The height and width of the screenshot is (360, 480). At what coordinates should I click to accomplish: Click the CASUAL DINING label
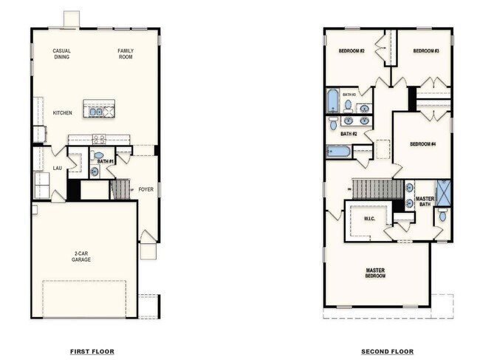tap(61, 53)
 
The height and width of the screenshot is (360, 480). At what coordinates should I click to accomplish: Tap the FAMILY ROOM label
tap(126, 53)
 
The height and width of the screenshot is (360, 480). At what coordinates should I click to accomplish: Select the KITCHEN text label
tap(62, 113)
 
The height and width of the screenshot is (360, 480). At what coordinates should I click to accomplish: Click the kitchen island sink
tap(96, 112)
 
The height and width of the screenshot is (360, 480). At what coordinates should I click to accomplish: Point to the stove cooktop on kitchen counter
tap(98, 138)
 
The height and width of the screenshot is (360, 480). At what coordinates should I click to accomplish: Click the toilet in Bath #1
tap(99, 156)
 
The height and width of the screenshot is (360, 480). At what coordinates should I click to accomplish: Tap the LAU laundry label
tap(58, 168)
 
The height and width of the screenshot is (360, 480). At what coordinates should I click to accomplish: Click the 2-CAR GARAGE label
tap(81, 257)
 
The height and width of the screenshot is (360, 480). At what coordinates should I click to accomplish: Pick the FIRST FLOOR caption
tap(92, 351)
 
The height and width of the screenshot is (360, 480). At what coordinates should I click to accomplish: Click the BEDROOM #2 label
tap(352, 51)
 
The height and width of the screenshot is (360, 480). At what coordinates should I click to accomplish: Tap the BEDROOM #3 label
tap(426, 51)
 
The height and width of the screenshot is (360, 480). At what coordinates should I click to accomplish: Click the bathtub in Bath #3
tap(333, 100)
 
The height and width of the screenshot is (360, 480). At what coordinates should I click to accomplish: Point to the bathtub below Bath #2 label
tap(339, 152)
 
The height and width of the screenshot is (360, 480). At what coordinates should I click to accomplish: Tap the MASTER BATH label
tap(425, 201)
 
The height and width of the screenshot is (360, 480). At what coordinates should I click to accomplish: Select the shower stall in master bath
tap(443, 192)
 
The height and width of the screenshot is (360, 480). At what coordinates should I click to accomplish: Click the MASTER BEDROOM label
tap(375, 273)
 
